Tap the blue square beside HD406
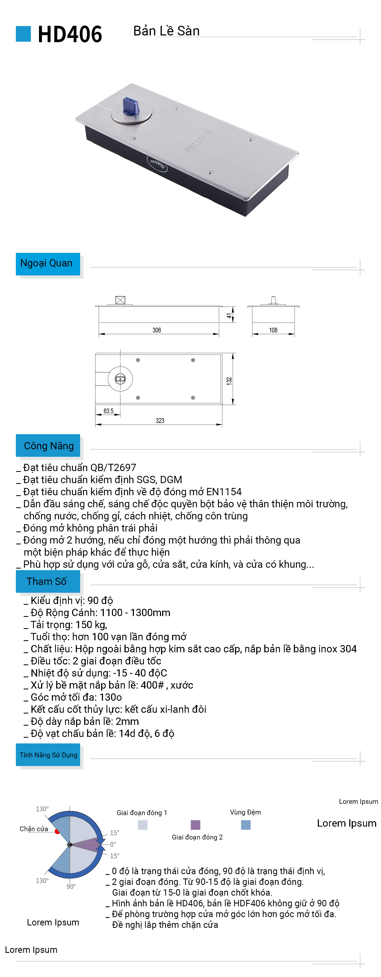point(23,34)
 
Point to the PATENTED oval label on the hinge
point(157,164)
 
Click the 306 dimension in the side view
point(156,330)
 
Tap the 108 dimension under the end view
point(273,330)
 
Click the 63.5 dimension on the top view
point(109,411)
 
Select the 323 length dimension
point(160,421)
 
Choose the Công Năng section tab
point(48,446)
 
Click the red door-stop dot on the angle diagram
point(57,832)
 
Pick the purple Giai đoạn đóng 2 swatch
point(195,824)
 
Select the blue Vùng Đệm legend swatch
point(246,824)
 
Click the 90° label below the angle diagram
point(71,886)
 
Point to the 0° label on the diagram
point(113,844)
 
